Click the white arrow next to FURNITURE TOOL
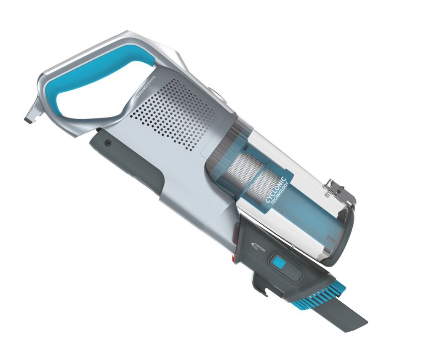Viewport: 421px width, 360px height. [x=253, y=244]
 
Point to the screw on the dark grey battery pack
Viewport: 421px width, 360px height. [x=109, y=143]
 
